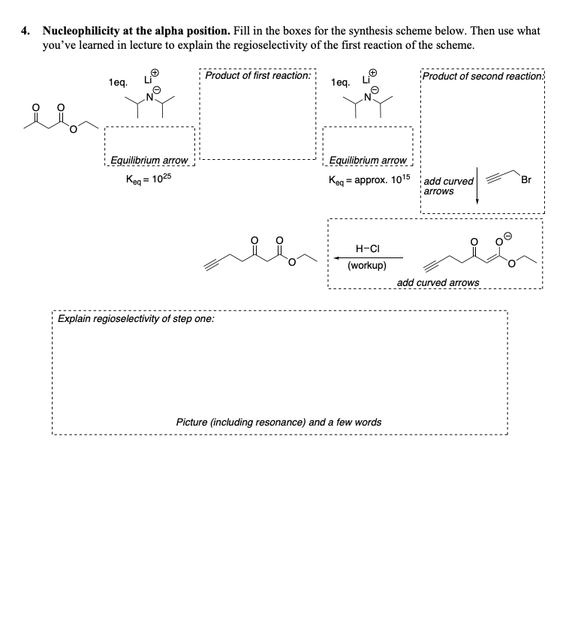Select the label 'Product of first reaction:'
(257, 76)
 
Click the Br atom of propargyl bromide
(526, 179)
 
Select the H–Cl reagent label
(366, 248)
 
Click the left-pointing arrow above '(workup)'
(368, 257)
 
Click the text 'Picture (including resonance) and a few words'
(278, 422)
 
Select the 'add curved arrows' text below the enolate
(438, 282)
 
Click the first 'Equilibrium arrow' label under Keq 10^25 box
(148, 161)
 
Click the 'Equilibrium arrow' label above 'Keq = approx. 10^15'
(368, 161)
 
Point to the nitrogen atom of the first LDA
(149, 97)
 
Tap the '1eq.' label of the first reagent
(118, 81)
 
